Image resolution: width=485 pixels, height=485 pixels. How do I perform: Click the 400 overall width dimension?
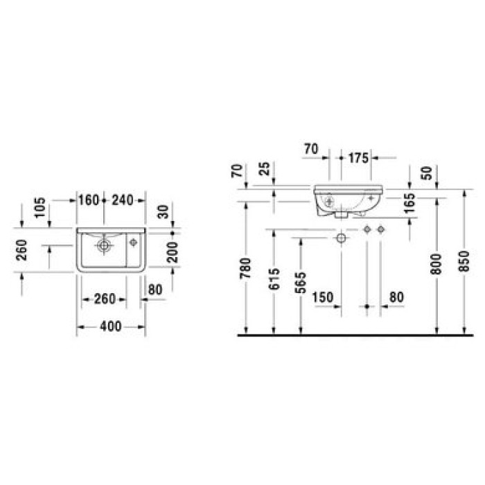click(111, 326)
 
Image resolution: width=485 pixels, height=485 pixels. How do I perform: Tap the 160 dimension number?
click(89, 200)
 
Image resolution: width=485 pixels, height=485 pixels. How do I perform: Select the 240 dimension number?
click(123, 200)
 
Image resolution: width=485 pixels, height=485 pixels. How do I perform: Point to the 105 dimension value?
click(40, 208)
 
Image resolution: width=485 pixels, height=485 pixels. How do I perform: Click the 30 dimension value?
click(164, 211)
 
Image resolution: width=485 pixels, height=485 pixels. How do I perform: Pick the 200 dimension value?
click(173, 252)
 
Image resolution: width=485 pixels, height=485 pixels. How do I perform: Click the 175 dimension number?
click(358, 158)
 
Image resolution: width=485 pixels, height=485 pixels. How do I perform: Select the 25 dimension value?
click(265, 169)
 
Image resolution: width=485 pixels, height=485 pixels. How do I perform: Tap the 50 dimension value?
click(427, 173)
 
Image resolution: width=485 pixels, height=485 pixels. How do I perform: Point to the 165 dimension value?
click(410, 203)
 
